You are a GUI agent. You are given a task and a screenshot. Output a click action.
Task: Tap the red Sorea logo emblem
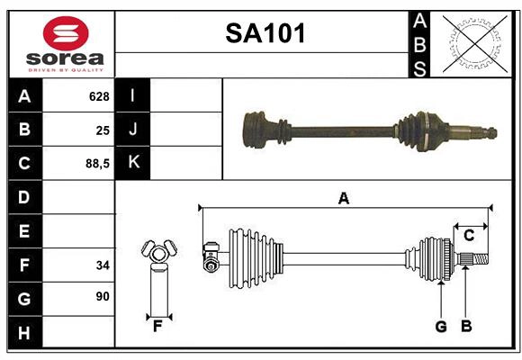[66, 34]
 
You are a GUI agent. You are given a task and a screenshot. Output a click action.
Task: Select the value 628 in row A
[98, 96]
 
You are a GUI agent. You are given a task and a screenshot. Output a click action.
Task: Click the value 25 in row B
[102, 130]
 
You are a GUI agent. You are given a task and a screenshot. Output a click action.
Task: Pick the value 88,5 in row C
[96, 164]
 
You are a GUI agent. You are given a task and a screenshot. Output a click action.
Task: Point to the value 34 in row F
[102, 265]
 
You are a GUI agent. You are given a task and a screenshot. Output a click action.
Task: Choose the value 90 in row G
[102, 296]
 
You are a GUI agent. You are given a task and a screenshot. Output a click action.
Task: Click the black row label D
[23, 197]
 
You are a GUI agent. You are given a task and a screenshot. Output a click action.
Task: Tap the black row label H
[23, 333]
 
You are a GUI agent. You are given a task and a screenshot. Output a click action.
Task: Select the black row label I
[132, 95]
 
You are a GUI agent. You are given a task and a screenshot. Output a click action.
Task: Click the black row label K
[132, 163]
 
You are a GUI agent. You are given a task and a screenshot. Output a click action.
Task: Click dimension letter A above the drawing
[343, 198]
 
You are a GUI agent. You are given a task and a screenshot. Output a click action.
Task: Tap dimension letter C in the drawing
[469, 236]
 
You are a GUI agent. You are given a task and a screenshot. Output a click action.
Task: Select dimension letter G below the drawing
[440, 326]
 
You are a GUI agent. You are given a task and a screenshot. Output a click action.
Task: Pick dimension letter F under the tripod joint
[157, 326]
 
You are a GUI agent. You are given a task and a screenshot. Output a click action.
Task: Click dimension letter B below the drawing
[465, 326]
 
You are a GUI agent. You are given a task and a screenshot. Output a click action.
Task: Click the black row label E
[23, 231]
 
